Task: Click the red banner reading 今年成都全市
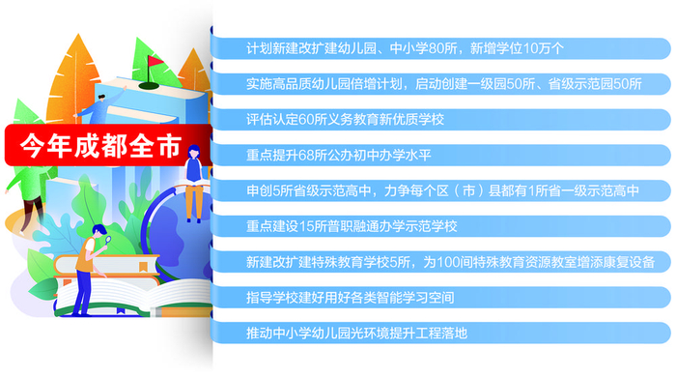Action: (100, 147)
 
